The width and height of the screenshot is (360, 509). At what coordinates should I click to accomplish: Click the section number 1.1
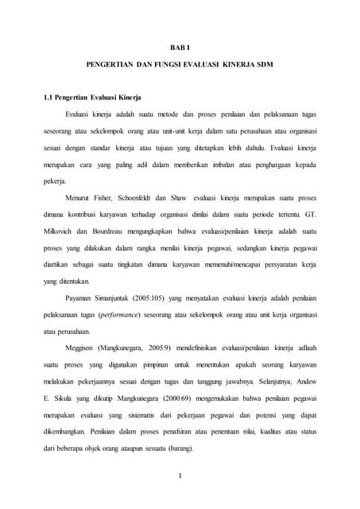[x=49, y=98]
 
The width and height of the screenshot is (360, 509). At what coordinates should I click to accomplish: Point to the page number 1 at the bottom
[x=180, y=477]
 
